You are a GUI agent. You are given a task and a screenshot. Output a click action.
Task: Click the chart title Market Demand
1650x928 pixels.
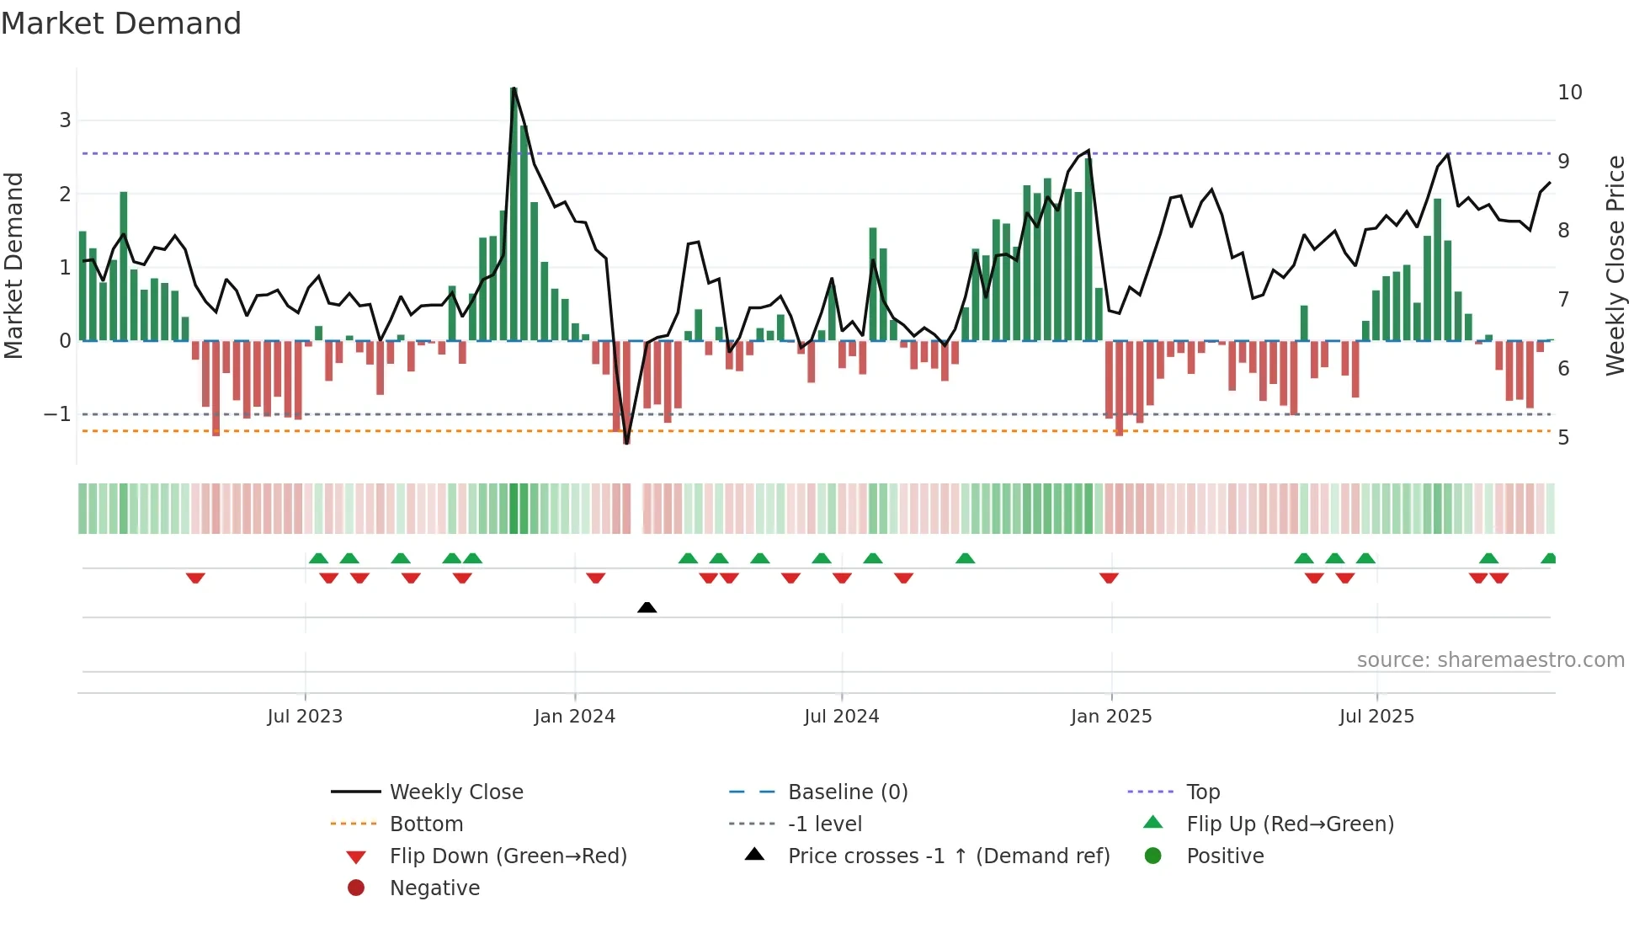pos(121,24)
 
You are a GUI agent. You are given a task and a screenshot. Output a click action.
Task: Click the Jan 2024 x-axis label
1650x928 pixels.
pos(574,717)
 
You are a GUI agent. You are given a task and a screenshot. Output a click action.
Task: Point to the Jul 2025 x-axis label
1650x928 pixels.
pos(1376,717)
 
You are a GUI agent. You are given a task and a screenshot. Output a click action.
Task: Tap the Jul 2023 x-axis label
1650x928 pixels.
pos(305,717)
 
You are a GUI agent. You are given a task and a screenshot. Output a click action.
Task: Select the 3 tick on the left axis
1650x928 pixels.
pos(65,120)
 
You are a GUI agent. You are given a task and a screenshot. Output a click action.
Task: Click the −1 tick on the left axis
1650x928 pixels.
pos(57,414)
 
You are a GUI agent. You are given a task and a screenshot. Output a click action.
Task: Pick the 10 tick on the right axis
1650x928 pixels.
pos(1569,93)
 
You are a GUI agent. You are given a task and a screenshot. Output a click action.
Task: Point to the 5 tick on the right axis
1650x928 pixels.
pos(1563,438)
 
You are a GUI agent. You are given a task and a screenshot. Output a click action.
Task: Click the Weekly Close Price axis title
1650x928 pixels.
pos(1615,265)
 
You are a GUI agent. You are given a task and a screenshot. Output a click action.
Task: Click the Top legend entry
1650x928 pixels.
pos(1202,792)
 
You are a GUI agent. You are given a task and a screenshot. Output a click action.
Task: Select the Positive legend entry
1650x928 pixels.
pos(1224,856)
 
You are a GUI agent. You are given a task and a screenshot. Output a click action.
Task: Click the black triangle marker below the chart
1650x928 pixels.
pos(647,607)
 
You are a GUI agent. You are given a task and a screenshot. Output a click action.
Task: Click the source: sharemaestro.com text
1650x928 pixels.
pos(1490,659)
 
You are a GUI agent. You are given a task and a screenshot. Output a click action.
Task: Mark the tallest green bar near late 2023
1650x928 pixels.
pos(514,215)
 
